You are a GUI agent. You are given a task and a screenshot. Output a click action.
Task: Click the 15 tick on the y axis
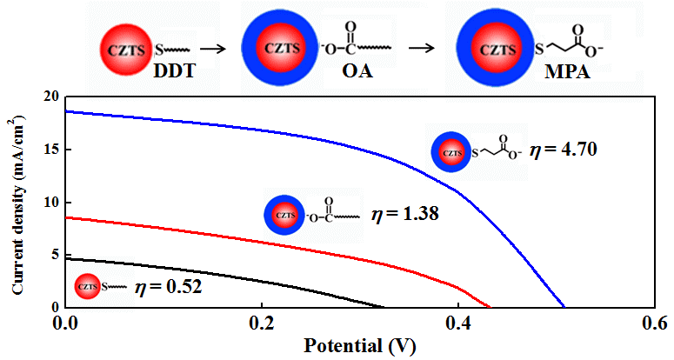(50, 150)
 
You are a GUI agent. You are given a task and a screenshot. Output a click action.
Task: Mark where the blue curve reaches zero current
(564, 307)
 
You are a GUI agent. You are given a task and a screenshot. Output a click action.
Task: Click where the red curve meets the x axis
(490, 307)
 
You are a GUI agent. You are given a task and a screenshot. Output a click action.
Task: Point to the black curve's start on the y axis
(66, 258)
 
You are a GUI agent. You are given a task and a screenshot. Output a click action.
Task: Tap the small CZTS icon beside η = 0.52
(87, 284)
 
